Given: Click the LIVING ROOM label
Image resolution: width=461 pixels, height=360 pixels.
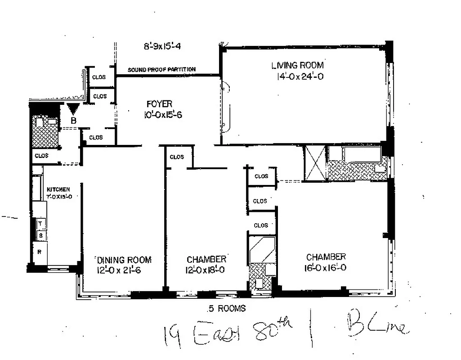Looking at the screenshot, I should pos(297,65).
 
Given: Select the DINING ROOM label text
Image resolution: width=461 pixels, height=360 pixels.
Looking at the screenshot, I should pos(124,260).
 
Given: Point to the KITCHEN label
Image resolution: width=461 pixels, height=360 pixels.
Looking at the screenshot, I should pos(58,189).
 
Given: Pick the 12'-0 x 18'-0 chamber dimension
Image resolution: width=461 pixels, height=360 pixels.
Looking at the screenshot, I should pos(206,270).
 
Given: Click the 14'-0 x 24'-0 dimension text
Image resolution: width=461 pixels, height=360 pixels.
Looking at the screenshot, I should pos(300,76).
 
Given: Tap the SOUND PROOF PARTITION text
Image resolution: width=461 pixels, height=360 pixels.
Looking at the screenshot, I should pos(161,70).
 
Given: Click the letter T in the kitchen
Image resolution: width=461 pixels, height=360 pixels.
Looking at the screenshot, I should pos(40,223).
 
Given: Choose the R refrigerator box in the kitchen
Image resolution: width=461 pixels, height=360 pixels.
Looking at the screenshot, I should pos(40,252).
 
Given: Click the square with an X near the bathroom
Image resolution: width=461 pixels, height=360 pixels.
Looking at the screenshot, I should pos(315,163).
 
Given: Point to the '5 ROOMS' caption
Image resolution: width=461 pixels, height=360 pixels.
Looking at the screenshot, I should pos(227,309).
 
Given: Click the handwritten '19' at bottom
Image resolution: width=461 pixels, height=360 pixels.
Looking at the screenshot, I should pos(173,335).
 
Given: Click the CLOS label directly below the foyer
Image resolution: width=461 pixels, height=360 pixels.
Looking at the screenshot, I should pos(177,157).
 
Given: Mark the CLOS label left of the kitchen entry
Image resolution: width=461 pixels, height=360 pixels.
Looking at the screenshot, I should pos(41,156).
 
